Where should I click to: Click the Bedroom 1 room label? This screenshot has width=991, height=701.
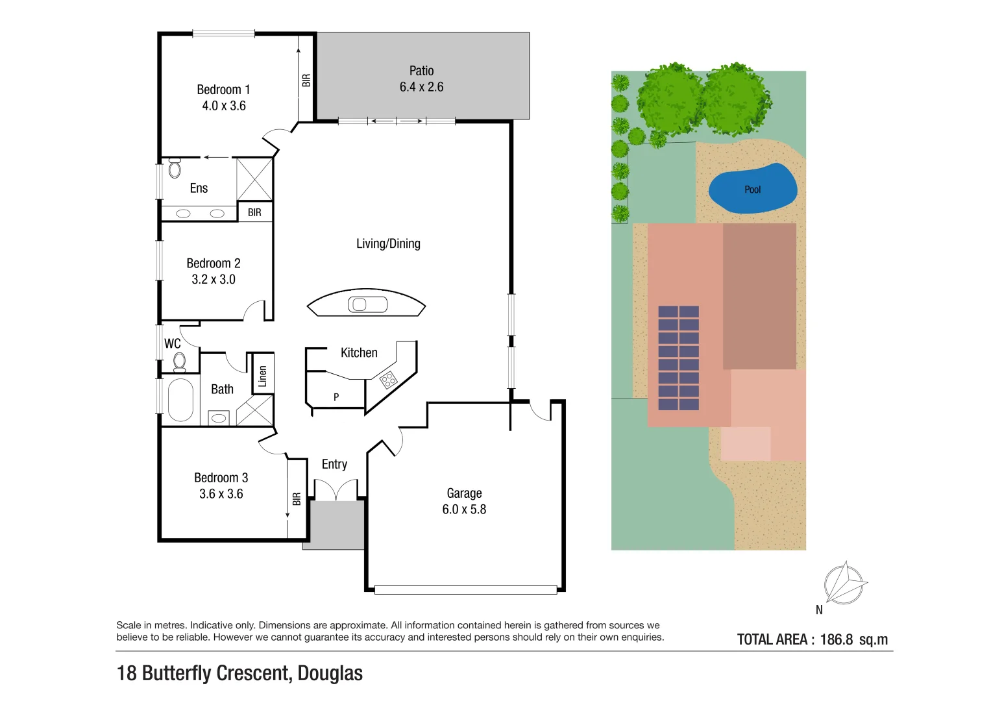point(223,90)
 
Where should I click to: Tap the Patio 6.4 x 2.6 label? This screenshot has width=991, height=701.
point(421,79)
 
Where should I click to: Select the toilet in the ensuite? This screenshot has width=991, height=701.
point(175,168)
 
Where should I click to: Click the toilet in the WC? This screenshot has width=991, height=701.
point(180,361)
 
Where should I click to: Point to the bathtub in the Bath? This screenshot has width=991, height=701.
point(180,399)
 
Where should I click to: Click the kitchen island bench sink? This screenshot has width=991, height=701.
point(367,304)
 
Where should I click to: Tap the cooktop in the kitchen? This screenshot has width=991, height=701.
point(387,380)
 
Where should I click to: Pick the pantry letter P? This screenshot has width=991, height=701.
point(336,397)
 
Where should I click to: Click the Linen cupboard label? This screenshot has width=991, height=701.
point(262,376)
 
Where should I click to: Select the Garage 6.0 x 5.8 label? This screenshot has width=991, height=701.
point(464,501)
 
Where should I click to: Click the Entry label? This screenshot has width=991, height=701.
point(334,464)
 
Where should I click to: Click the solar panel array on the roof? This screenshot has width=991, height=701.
point(679,358)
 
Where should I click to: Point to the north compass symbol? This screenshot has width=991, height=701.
point(844,584)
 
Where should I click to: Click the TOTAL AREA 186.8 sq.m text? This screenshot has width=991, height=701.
point(812,639)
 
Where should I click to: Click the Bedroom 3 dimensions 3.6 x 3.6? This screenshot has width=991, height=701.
point(221,494)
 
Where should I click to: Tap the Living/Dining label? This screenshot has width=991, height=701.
point(388,243)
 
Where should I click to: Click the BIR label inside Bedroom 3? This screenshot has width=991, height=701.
point(297,498)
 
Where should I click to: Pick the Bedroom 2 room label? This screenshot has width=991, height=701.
point(213,263)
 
